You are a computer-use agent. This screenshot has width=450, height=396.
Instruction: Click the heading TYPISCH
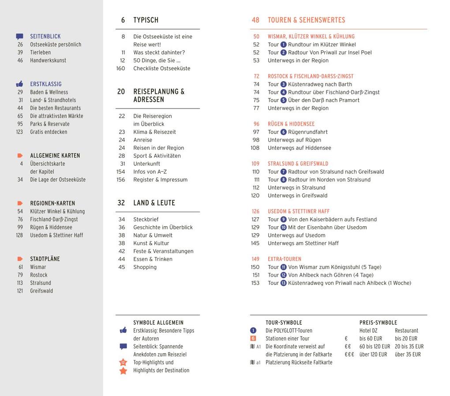[x=146, y=20]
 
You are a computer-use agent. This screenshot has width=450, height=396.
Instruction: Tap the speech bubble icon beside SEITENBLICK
[x=19, y=37]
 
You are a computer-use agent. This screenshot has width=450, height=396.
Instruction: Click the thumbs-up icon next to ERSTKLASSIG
[x=19, y=84]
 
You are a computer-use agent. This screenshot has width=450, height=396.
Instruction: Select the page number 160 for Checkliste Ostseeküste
[x=120, y=68]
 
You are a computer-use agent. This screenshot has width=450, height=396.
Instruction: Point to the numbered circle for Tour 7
[x=283, y=172]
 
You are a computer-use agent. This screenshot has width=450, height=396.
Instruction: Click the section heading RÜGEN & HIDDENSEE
[x=291, y=124]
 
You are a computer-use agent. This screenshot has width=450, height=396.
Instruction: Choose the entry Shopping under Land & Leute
[x=145, y=267]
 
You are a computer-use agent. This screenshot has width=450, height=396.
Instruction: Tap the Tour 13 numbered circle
[x=283, y=283]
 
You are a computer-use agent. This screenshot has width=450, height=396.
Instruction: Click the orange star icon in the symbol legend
[x=123, y=371]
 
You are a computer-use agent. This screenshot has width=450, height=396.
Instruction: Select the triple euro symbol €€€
[x=349, y=355]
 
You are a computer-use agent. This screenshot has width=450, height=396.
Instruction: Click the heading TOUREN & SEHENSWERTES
[x=306, y=20]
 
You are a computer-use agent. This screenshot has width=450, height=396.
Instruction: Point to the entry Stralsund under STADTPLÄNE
[x=41, y=283]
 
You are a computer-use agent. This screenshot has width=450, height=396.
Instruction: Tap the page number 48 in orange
[x=255, y=20]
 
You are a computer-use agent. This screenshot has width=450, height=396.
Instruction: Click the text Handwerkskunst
[x=48, y=60]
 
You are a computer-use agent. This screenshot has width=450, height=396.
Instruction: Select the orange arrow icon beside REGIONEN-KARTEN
[x=20, y=203]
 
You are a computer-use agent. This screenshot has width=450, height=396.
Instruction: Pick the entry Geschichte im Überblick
[x=163, y=227]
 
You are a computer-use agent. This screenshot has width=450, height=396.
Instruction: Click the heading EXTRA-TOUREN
[x=284, y=259]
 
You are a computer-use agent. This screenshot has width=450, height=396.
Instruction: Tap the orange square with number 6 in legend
[x=253, y=338]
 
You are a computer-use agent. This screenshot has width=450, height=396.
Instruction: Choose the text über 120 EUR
[x=373, y=355]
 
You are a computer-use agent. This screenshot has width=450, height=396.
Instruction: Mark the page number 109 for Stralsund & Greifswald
[x=255, y=164]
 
